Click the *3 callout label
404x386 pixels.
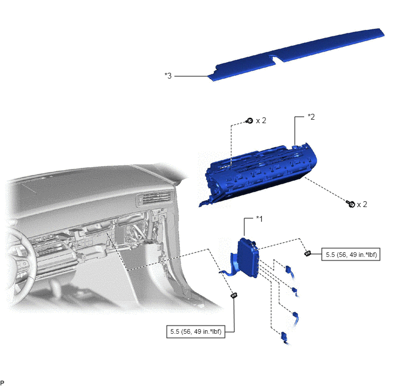click(168, 76)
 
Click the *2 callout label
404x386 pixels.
click(311, 117)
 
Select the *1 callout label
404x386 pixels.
click(259, 219)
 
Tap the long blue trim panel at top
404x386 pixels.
click(297, 54)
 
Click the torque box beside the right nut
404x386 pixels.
click(351, 254)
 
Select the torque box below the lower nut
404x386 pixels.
click(196, 331)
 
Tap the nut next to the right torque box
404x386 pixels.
click(308, 253)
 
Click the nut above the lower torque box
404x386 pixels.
click(234, 295)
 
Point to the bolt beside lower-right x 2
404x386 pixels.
click(351, 204)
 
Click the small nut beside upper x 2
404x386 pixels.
click(250, 120)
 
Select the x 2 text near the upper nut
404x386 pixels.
click(261, 120)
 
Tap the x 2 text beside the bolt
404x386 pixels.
click(362, 204)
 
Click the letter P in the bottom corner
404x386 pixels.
click(2, 382)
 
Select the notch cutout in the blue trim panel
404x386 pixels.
click(275, 59)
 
